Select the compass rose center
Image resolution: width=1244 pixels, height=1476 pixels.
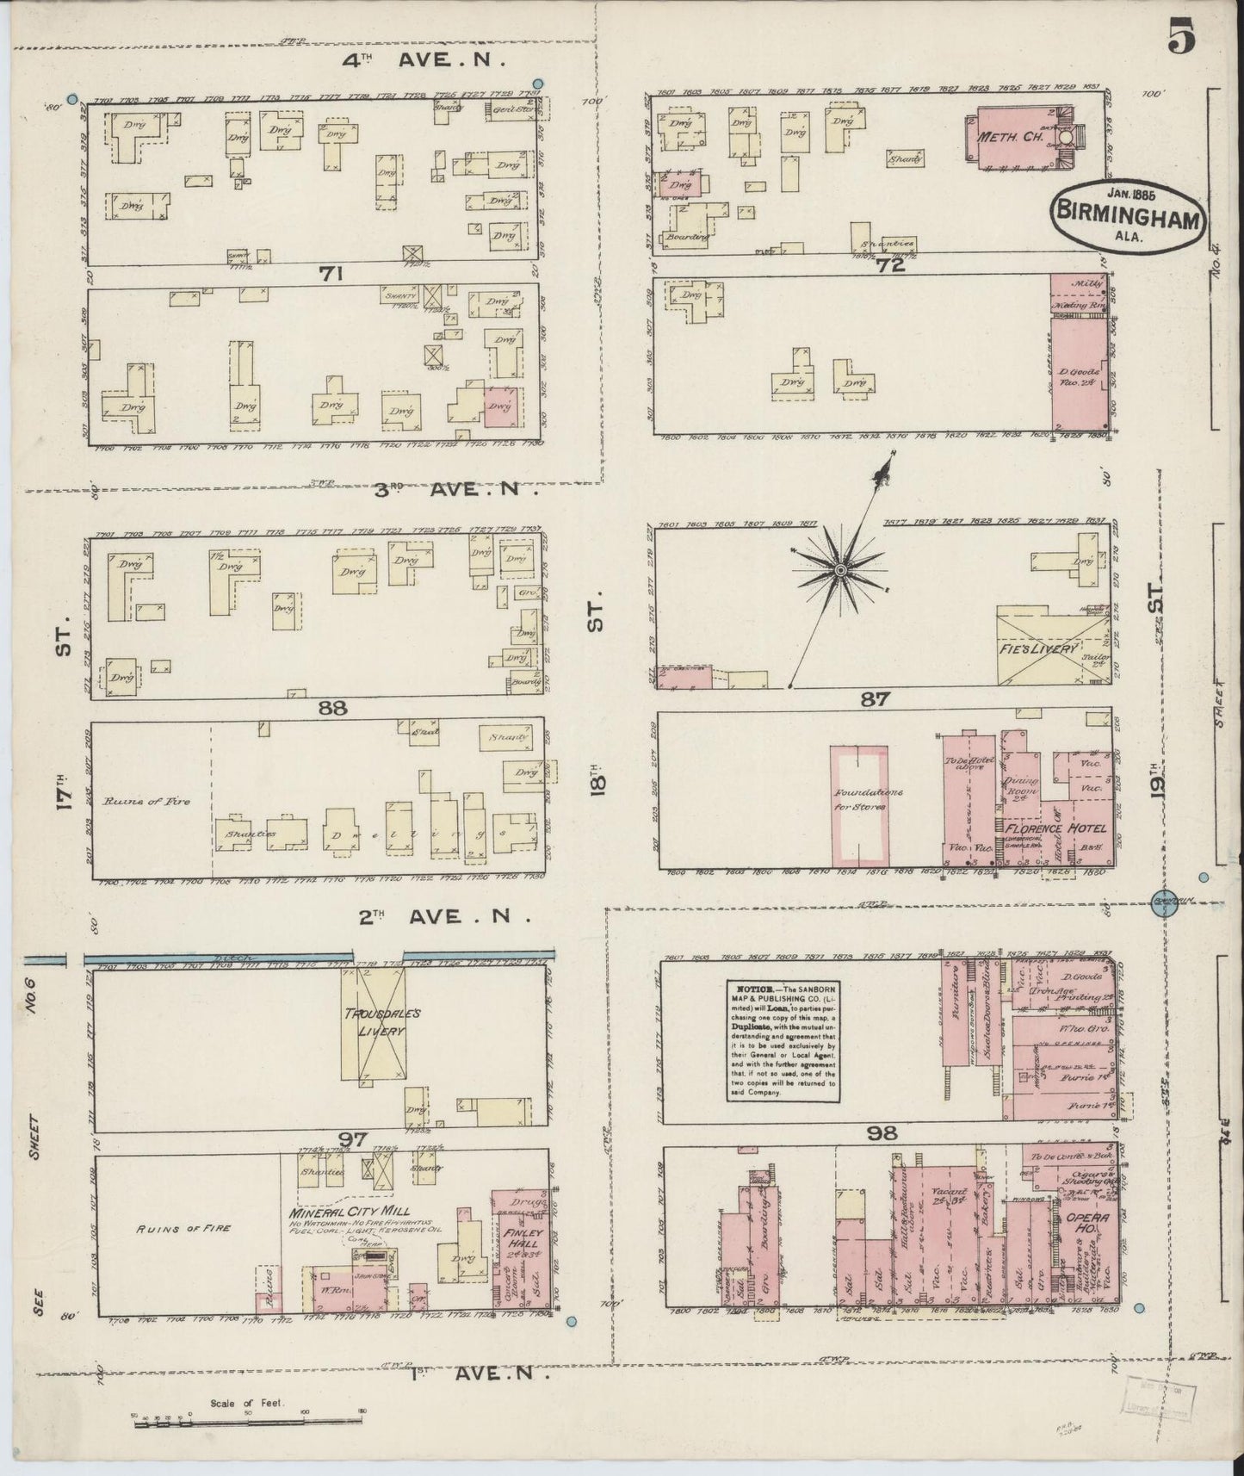840,571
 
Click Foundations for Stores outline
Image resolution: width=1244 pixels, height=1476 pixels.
857,804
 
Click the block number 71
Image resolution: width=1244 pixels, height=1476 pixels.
331,274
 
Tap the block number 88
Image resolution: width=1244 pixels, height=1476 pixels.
331,707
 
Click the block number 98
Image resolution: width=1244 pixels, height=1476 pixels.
882,1133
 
